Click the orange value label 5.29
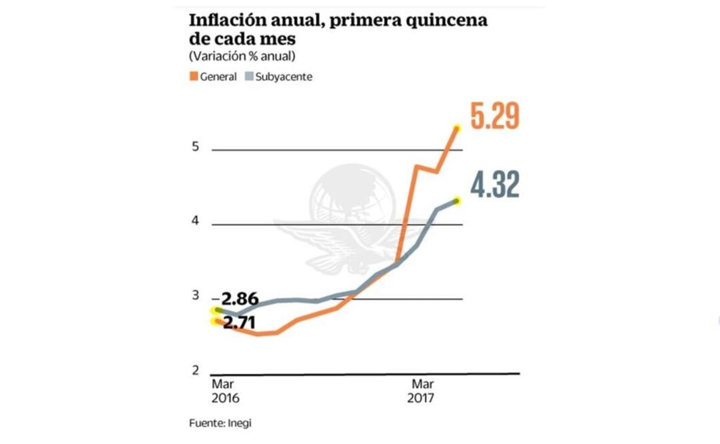point(494,116)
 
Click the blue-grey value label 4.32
point(494,185)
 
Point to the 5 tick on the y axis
point(196,147)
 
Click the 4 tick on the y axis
point(196,221)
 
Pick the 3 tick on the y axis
point(196,296)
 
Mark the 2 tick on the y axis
point(196,371)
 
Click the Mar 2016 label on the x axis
point(226,391)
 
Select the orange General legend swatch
point(194,77)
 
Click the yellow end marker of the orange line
point(457,128)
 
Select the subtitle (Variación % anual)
point(242,55)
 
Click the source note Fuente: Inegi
point(220,423)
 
